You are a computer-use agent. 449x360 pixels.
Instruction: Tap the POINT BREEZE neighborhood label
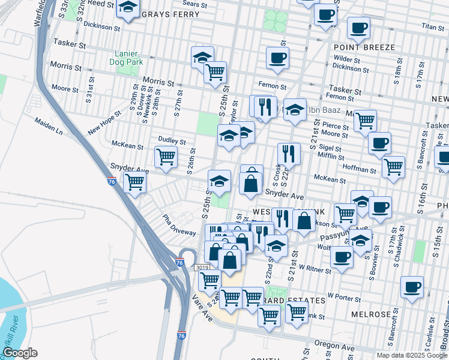point(365,47)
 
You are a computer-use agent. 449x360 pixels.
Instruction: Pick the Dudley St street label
point(173,141)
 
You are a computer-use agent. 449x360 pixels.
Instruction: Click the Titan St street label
point(432,27)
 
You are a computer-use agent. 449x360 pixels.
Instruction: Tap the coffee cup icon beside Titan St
point(358,27)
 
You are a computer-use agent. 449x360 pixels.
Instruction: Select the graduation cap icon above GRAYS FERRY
point(127,8)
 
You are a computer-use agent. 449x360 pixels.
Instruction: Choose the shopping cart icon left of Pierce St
point(364,120)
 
